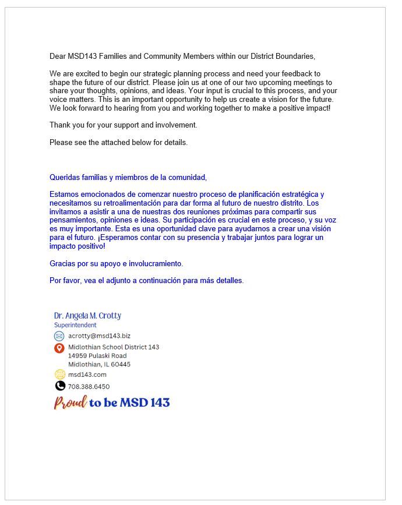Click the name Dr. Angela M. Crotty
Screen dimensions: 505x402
[x=87, y=316]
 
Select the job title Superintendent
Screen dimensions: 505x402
[x=75, y=325]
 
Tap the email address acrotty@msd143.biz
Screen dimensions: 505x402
[x=99, y=336]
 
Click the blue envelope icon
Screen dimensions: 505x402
[x=59, y=336]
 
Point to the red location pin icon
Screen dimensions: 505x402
[x=59, y=348]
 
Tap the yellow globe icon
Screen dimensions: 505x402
[x=59, y=375]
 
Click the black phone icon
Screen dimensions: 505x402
[x=59, y=386]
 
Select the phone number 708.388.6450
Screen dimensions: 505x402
[x=89, y=386]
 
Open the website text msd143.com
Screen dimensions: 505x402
[x=87, y=375]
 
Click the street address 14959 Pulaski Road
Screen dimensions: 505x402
[x=97, y=355]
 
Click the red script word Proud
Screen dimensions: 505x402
[x=70, y=402]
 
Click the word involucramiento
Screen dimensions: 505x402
[x=154, y=264]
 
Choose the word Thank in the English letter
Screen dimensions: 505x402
[x=60, y=125]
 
